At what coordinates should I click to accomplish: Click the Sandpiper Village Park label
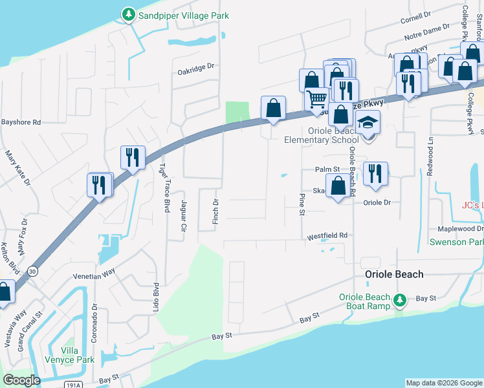(184, 16)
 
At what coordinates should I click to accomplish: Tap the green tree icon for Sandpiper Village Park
(129, 14)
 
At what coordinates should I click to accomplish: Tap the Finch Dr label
(215, 211)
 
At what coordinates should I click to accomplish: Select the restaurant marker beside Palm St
(375, 173)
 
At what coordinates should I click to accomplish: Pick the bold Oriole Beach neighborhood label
(393, 274)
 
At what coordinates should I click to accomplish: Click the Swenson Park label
(457, 242)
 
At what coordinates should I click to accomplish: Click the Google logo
(21, 380)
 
